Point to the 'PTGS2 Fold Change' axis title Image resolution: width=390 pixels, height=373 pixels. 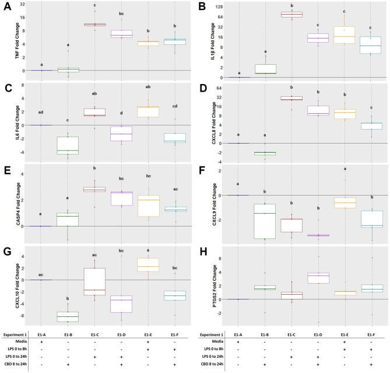pos(203,287)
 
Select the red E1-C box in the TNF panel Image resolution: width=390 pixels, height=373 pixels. pos(94,25)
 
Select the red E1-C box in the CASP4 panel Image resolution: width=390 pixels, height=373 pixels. pos(94,189)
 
